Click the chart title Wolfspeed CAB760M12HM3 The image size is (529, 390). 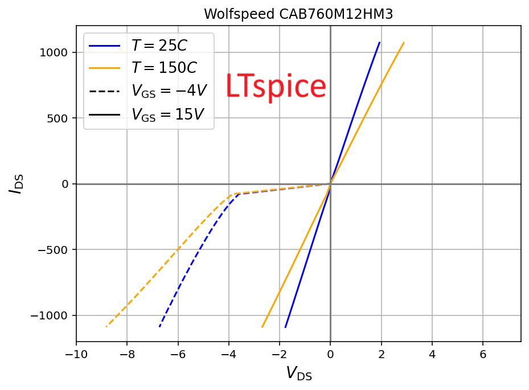pyautogui.click(x=298, y=14)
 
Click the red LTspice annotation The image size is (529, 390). pyautogui.click(x=276, y=87)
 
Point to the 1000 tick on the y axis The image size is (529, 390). pyautogui.click(x=55, y=53)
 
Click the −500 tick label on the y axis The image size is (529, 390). pyautogui.click(x=53, y=250)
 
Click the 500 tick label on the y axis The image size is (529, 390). pyautogui.click(x=58, y=118)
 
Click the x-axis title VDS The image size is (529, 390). pyautogui.click(x=298, y=373)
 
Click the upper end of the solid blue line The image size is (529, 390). pyautogui.click(x=379, y=42)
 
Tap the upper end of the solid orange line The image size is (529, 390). pyautogui.click(x=404, y=42)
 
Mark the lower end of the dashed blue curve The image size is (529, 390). pyautogui.click(x=159, y=327)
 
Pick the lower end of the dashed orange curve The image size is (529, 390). pyautogui.click(x=106, y=327)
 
